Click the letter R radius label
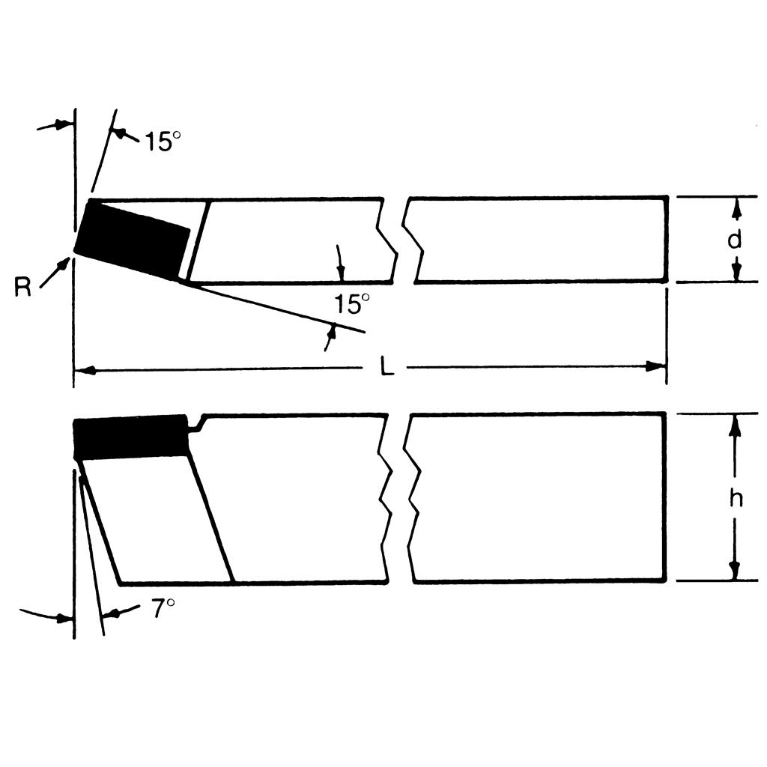coord(23,287)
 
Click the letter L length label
coord(386,368)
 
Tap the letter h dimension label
coord(736,499)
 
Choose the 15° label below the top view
coord(352,304)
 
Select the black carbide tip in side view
coord(131,437)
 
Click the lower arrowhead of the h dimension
coord(735,571)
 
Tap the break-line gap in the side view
coord(398,497)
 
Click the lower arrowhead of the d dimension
coord(736,273)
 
